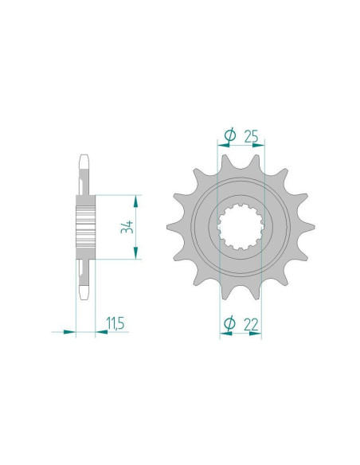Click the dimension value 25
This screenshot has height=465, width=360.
251,136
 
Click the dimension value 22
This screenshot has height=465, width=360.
251,324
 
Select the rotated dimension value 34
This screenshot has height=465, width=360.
127,227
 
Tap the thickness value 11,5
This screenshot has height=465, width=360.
115,323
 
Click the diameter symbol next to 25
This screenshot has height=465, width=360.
230,135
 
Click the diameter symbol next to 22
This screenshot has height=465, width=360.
229,323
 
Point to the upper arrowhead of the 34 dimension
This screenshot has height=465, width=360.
136,201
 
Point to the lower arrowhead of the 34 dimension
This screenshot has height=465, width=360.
136,253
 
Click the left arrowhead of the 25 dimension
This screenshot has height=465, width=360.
223,145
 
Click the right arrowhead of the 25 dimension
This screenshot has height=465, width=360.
258,145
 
